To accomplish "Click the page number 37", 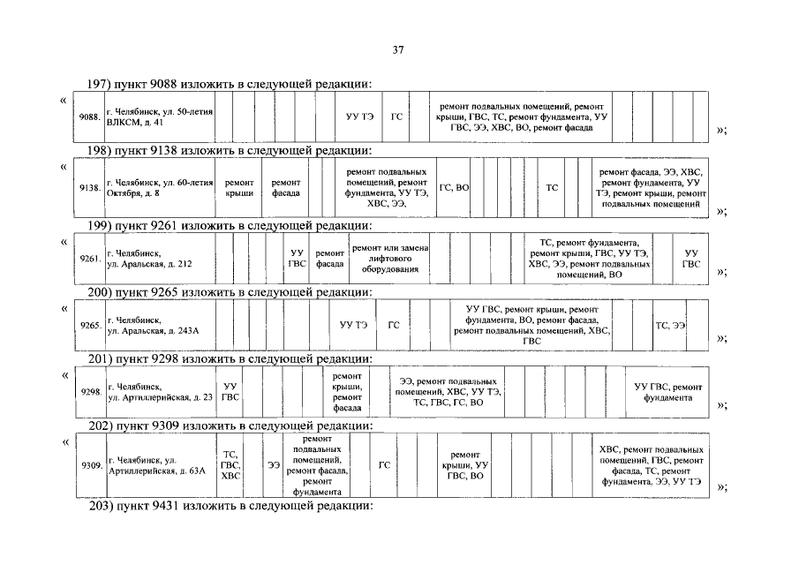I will point(397,50).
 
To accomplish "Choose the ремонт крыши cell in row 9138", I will point(239,187).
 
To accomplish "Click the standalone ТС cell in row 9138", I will point(552,187).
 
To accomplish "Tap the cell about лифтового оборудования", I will point(389,258).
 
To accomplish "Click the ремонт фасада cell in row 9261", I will point(329,258).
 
